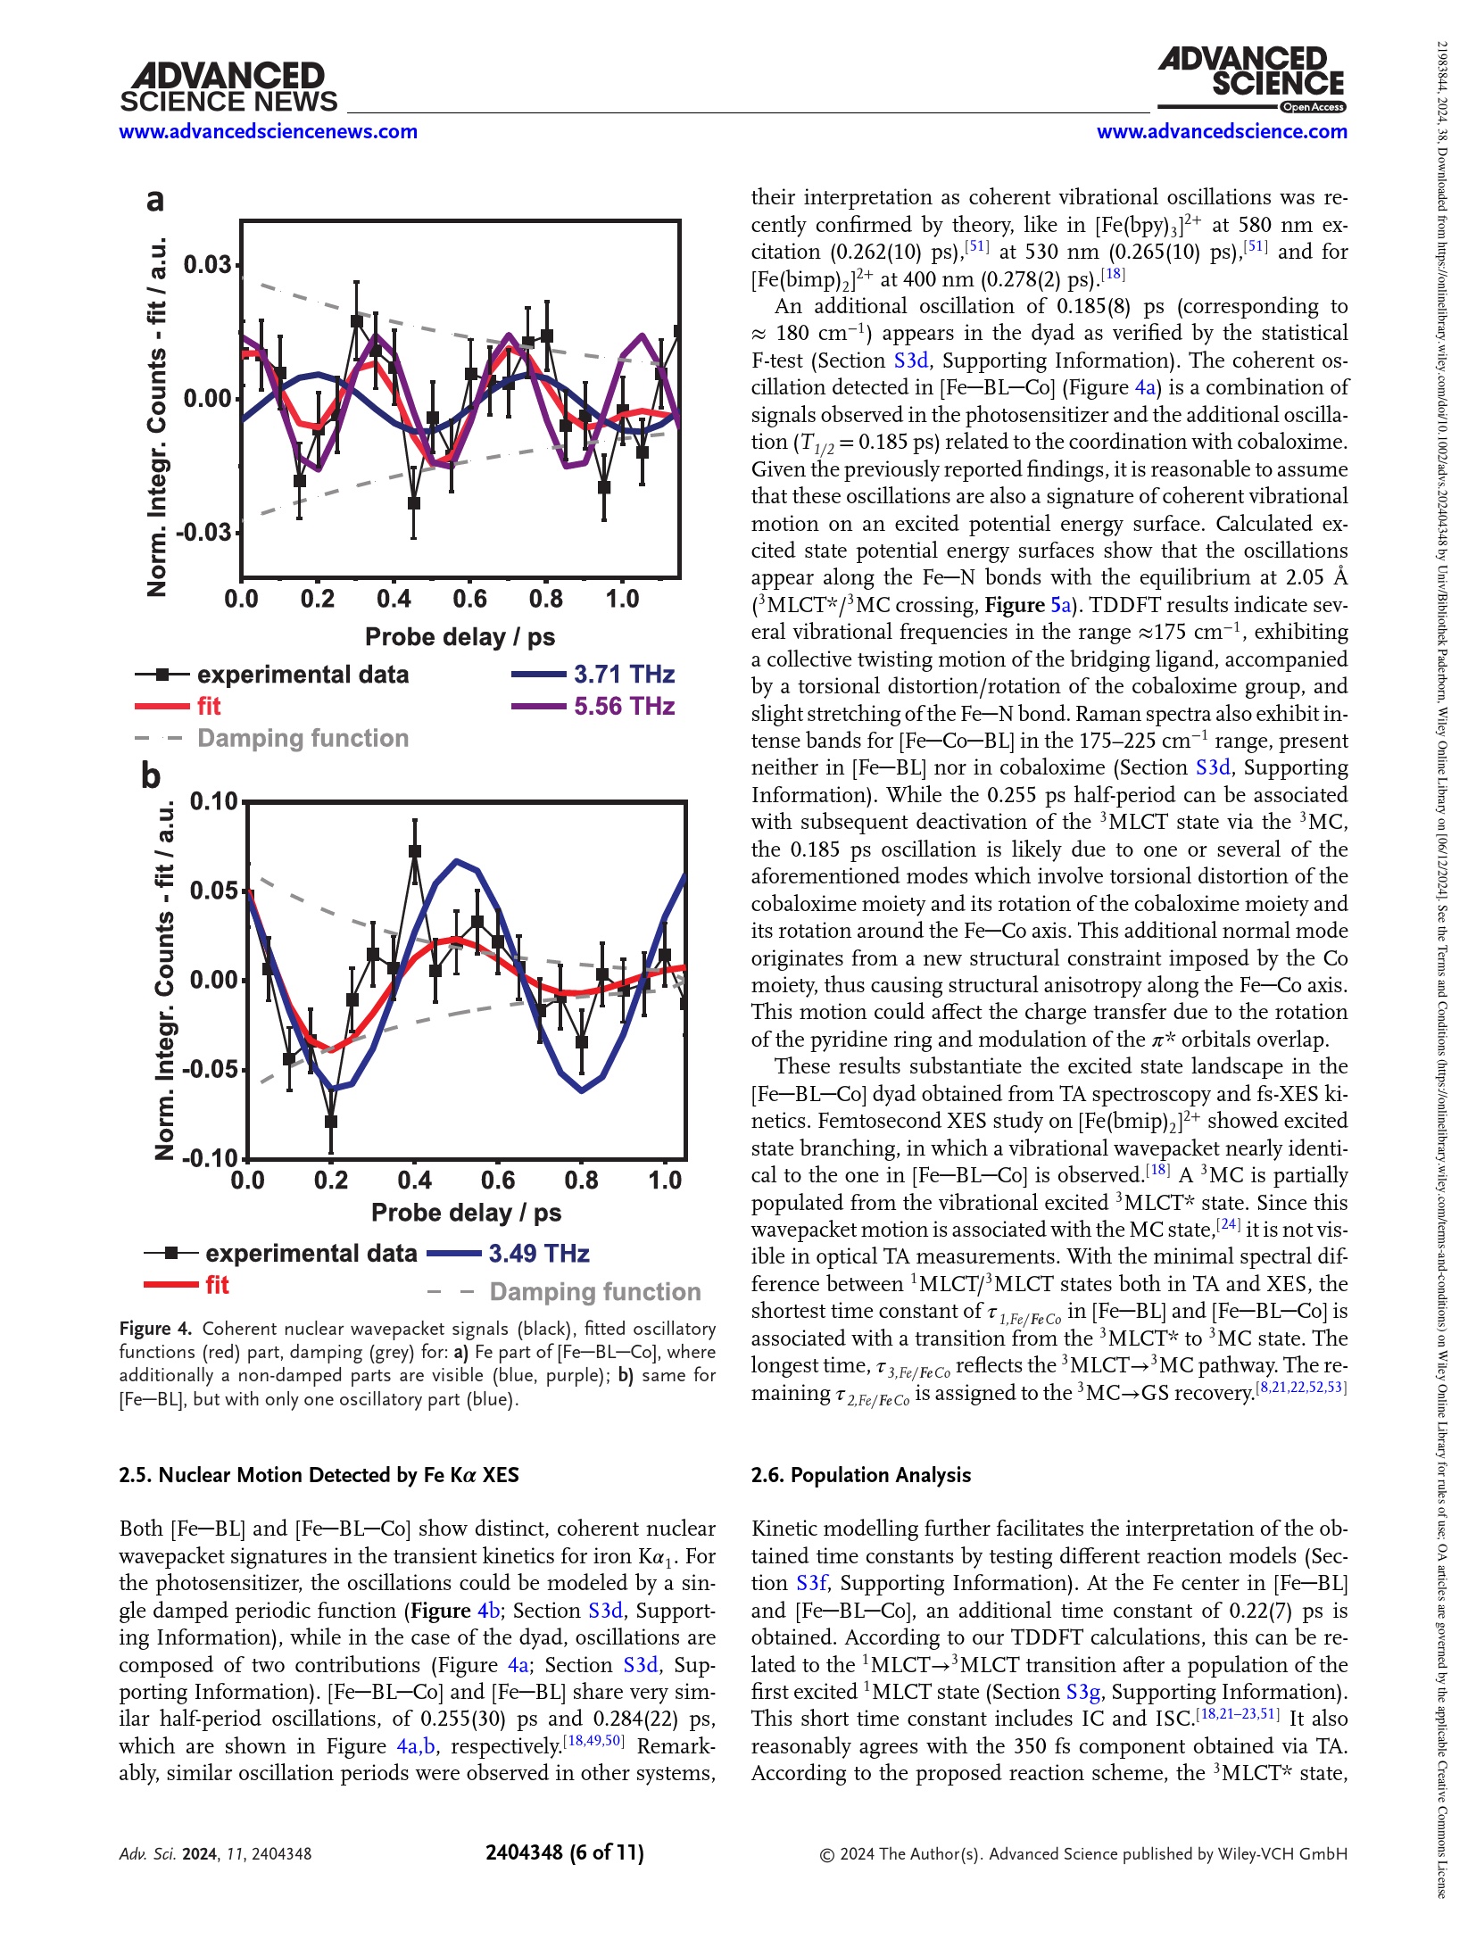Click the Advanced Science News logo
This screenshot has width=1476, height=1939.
coord(228,87)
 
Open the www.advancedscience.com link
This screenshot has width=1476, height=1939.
coord(1221,132)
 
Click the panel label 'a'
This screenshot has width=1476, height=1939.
coord(155,199)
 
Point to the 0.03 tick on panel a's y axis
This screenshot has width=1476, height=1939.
coord(206,265)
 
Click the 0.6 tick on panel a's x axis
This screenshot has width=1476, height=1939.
coord(469,599)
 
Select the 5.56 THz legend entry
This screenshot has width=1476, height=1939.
coord(624,707)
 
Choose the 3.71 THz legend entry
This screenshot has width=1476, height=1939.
coord(624,675)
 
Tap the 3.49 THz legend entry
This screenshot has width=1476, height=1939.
coord(539,1254)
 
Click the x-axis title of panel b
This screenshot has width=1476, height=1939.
coord(466,1213)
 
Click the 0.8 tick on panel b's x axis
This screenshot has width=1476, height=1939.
coord(582,1181)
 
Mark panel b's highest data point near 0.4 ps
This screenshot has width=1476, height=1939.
coord(414,851)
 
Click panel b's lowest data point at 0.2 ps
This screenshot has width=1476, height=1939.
coord(331,1122)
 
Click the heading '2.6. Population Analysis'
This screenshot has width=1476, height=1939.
coord(860,1475)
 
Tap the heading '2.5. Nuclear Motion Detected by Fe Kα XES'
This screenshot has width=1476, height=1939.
coord(319,1475)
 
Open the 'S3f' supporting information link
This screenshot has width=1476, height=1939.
coord(811,1583)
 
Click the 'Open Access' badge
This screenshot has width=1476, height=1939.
coord(1313,107)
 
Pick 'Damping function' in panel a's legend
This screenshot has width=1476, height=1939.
coord(303,739)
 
